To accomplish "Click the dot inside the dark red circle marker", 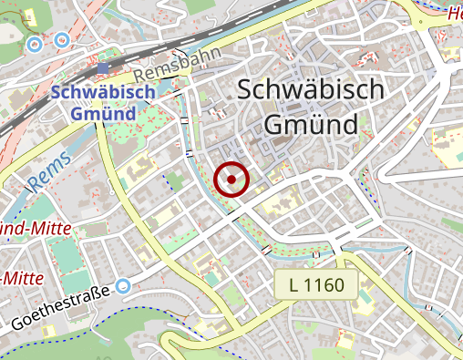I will pos(232,180).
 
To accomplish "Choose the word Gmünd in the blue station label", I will pos(94,114).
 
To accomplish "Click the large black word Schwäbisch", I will pos(310,90).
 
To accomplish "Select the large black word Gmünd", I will pos(310,123).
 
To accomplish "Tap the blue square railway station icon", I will pos(102,68).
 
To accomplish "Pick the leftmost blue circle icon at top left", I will pos(36,43).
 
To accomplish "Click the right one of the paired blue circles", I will pos(62,39).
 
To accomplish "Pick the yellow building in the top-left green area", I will pos(30,17).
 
